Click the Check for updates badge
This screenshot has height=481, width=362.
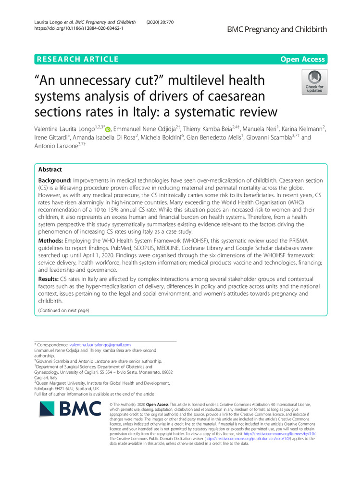314,81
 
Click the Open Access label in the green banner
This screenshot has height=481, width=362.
304,59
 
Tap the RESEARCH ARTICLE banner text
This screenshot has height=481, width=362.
77,59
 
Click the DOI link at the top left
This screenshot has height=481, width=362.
79,28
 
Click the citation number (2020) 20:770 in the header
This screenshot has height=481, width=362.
163,22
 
